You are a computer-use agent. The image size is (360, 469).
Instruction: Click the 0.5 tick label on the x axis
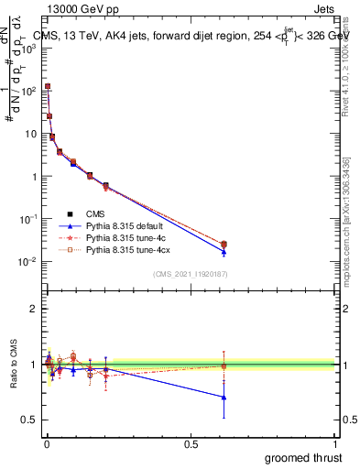point(191,444)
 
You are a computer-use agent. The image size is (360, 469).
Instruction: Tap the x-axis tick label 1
point(335,444)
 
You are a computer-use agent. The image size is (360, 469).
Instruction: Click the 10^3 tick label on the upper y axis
point(29,48)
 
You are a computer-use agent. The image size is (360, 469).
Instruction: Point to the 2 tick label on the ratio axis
point(35,309)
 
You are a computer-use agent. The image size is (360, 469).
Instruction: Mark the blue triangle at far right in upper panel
point(224,252)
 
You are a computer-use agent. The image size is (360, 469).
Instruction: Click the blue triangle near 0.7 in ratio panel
point(224,398)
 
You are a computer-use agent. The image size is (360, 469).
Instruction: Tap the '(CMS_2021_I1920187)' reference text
point(190,274)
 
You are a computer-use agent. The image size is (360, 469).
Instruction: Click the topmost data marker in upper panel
point(48,87)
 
